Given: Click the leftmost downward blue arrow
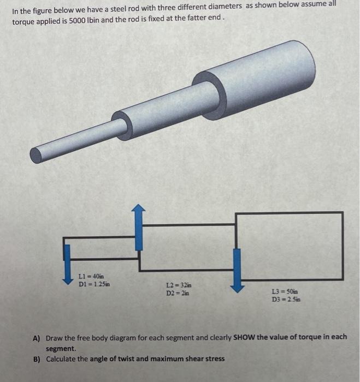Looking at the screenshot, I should pyautogui.click(x=67, y=265).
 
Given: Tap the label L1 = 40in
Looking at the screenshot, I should pyautogui.click(x=91, y=276).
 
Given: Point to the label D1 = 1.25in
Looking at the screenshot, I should pyautogui.click(x=93, y=284).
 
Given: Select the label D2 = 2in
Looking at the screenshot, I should pyautogui.click(x=177, y=293).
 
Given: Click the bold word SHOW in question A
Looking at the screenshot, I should pyautogui.click(x=244, y=337).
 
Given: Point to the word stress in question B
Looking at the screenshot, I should pyautogui.click(x=213, y=359).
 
